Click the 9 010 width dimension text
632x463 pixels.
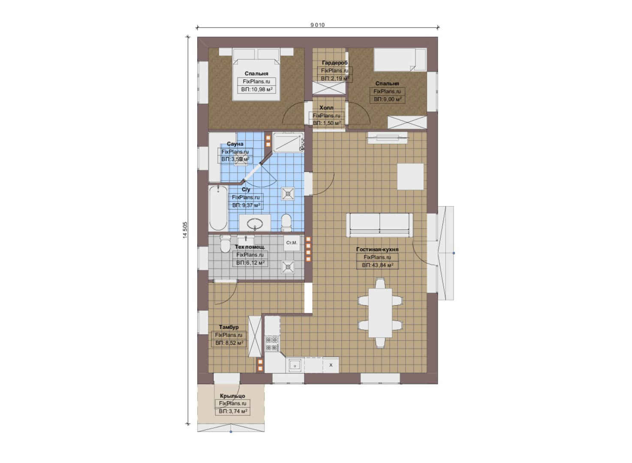(317, 25)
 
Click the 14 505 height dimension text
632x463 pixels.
(185, 230)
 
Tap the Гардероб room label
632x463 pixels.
(334, 63)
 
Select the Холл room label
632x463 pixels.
(326, 108)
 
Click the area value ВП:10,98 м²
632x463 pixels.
(256, 90)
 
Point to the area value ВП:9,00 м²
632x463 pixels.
(387, 99)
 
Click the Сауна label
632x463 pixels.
(235, 144)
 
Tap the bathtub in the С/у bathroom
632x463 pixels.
(218, 208)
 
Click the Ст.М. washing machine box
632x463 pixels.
(292, 243)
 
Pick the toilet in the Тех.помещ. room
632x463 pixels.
(225, 244)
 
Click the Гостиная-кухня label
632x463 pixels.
(377, 250)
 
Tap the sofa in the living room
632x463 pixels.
(379, 225)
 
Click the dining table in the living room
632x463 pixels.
(380, 313)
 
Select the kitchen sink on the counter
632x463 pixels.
(295, 365)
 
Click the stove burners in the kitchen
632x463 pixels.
(272, 343)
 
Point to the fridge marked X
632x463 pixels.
(331, 365)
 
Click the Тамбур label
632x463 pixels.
(229, 327)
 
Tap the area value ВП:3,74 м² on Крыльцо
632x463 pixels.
(233, 412)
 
